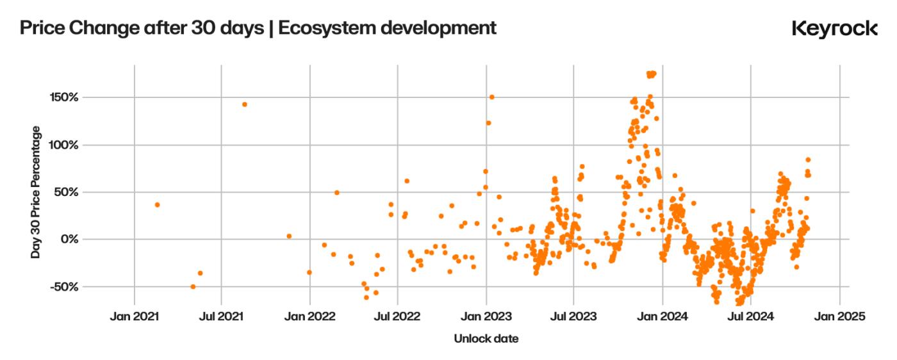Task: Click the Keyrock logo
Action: click(x=834, y=29)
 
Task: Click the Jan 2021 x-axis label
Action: click(x=134, y=316)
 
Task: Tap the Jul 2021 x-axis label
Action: click(x=222, y=316)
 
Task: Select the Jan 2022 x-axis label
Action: click(x=310, y=316)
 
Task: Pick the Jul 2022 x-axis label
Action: click(x=397, y=316)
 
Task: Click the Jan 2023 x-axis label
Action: click(x=486, y=316)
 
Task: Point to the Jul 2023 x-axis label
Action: click(x=573, y=316)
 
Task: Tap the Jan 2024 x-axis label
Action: click(x=663, y=316)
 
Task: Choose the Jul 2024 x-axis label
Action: click(x=750, y=316)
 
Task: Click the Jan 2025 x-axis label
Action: click(x=839, y=316)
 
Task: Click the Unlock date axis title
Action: click(x=486, y=339)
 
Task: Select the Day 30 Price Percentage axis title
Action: click(x=36, y=192)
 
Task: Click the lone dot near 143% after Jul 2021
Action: click(x=244, y=104)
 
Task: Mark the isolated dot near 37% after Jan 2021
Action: click(x=157, y=205)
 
